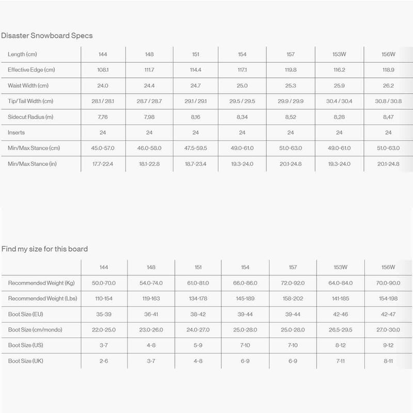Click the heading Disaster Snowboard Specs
(47, 36)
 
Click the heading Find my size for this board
(44, 249)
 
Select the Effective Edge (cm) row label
(31, 70)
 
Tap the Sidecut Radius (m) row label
(30, 117)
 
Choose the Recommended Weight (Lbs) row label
(42, 298)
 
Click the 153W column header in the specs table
(339, 54)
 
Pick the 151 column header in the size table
(198, 267)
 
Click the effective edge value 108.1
(103, 70)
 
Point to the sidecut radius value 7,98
(149, 117)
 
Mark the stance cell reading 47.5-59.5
(196, 148)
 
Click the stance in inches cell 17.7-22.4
(103, 164)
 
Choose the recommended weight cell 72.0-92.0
(292, 283)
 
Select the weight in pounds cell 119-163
(151, 298)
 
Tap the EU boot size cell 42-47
(388, 314)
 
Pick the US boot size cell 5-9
(198, 345)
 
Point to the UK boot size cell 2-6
(104, 361)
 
